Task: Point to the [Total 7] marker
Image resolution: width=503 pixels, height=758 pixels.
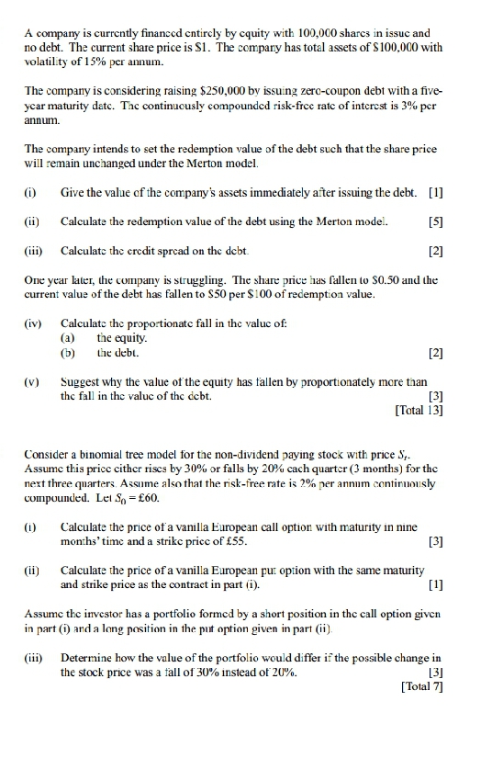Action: pos(422,689)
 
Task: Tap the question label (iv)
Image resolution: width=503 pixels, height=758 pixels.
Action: pos(34,323)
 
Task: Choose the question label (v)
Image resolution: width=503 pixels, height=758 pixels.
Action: pos(34,379)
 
